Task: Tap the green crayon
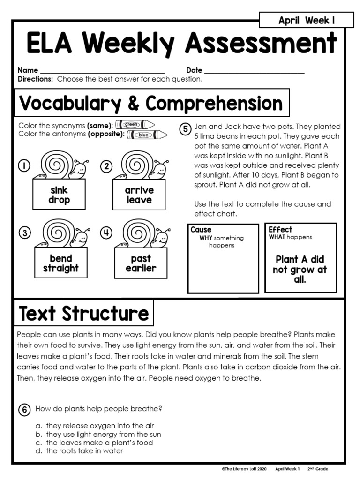click(135, 125)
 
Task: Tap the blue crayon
click(146, 135)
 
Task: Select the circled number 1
click(24, 165)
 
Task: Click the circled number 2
click(106, 166)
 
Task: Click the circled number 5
click(185, 129)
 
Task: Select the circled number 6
click(24, 409)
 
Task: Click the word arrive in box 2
click(139, 190)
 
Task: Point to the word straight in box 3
click(61, 269)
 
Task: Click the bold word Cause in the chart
click(201, 230)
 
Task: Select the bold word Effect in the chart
click(280, 230)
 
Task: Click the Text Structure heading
click(84, 314)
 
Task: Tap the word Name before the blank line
click(28, 70)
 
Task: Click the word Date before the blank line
click(194, 70)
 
